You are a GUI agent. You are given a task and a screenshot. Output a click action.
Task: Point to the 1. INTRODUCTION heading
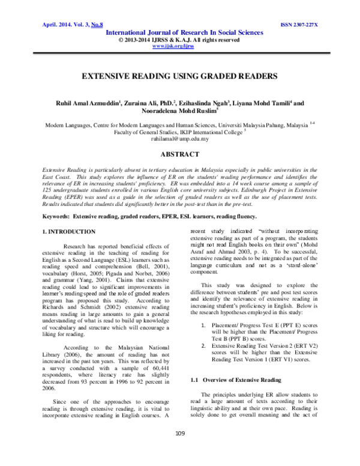pos(65,214)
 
